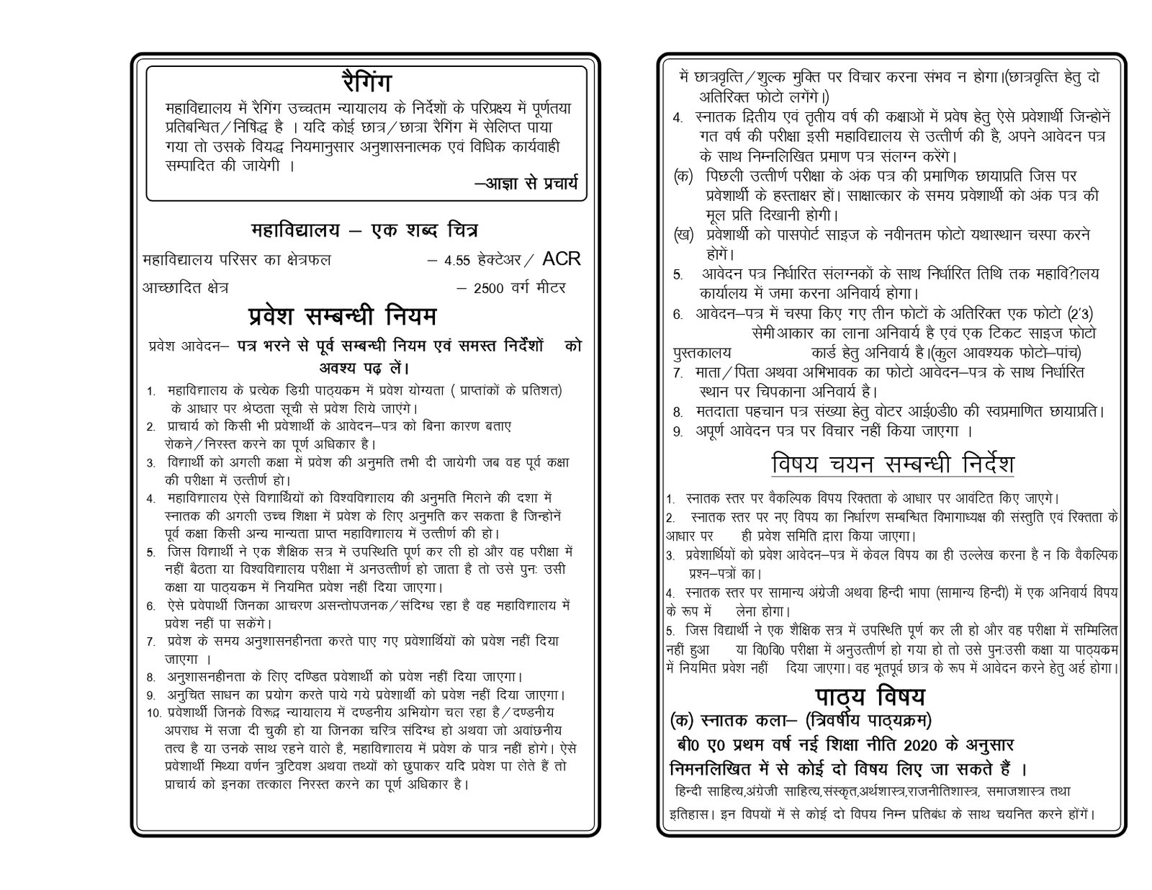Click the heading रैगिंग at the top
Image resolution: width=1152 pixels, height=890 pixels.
tap(368, 83)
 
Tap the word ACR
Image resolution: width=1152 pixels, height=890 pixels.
tap(561, 259)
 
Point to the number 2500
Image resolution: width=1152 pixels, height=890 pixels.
tap(489, 288)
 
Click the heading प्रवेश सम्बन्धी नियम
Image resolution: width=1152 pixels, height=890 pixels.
tap(342, 317)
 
